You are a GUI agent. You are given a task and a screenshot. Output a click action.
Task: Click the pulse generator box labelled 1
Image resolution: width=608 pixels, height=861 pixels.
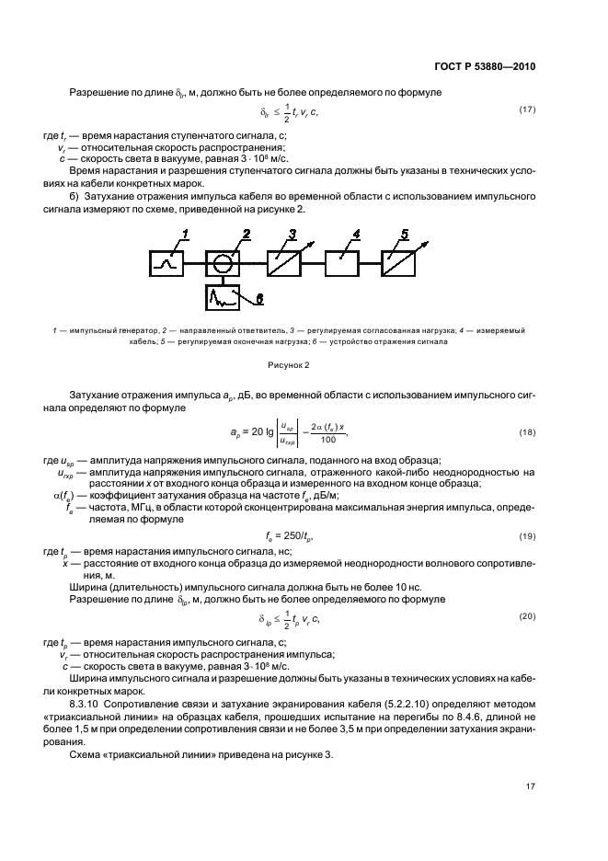168,263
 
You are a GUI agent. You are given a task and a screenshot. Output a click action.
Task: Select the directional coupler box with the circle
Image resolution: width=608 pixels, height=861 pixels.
221,263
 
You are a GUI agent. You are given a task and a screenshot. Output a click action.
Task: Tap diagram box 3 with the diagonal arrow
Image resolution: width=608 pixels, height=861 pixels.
284,263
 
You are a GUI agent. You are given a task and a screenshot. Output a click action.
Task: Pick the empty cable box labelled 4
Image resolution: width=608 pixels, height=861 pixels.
343,263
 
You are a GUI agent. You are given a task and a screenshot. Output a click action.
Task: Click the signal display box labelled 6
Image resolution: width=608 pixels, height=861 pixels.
221,297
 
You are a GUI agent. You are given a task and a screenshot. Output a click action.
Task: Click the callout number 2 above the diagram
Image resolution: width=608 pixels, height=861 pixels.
247,233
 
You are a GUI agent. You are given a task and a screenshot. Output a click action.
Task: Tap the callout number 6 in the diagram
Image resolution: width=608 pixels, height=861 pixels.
258,299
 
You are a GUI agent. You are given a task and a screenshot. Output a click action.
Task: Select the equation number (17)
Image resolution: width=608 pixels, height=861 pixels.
527,111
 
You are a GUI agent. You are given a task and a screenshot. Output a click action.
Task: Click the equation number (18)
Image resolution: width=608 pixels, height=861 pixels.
527,431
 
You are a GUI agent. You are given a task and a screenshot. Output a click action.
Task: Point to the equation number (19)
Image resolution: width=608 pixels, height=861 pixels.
527,535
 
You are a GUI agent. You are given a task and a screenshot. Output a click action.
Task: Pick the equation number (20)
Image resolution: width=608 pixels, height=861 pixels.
527,616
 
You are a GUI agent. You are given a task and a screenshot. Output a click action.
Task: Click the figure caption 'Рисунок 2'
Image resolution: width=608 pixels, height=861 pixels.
304,364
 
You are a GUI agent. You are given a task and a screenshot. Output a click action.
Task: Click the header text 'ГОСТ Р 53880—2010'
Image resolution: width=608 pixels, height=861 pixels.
483,67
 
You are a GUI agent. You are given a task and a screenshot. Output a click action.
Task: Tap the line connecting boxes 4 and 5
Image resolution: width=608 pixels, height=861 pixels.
372,263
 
